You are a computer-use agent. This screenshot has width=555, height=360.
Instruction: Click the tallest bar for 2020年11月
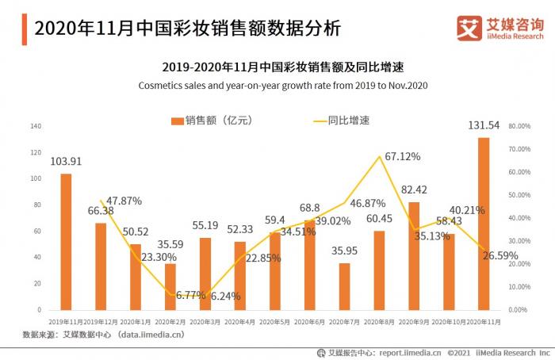click(484, 224)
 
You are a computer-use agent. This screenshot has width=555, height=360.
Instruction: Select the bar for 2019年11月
click(66, 241)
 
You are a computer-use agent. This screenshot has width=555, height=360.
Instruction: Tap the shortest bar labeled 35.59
click(170, 286)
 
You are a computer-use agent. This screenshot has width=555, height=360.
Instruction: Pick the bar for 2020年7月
click(344, 286)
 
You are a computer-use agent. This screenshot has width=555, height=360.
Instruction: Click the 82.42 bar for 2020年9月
click(414, 255)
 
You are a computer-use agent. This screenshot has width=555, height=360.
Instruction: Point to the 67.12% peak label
click(403, 157)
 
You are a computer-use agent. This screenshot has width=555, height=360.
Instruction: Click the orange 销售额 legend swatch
click(177, 121)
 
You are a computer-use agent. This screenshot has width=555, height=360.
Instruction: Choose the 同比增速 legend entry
click(348, 121)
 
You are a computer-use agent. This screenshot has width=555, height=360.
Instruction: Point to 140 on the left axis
click(35, 126)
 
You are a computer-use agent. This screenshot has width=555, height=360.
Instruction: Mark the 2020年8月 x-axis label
click(379, 321)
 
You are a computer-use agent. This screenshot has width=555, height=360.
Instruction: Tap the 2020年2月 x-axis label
click(170, 321)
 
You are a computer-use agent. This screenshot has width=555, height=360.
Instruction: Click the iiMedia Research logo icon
click(469, 29)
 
